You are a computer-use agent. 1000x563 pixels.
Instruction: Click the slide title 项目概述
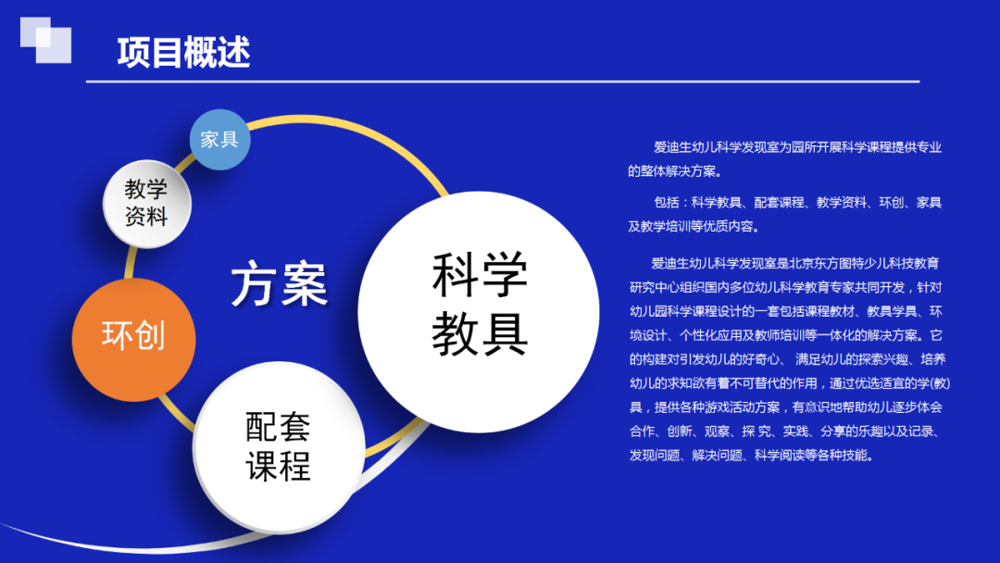click(183, 52)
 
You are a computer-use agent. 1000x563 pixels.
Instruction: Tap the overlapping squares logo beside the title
click(46, 40)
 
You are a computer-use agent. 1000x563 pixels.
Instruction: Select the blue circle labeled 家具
click(220, 140)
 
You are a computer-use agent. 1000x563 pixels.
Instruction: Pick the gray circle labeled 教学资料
click(147, 204)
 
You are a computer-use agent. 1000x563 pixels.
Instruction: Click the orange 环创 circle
click(134, 339)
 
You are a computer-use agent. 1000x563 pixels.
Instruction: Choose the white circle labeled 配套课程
click(279, 447)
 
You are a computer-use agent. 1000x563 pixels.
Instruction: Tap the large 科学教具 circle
click(479, 312)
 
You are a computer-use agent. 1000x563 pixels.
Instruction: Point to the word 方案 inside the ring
click(280, 283)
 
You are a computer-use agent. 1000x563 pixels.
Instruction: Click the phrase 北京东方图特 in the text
click(827, 263)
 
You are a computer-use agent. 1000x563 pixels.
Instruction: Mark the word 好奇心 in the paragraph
click(760, 359)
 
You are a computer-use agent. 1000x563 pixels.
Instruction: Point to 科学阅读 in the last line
click(780, 456)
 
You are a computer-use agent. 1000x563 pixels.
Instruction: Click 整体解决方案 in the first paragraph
click(679, 171)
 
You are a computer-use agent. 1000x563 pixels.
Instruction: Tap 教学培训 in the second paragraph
click(666, 226)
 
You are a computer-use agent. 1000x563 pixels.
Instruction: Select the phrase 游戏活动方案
click(742, 407)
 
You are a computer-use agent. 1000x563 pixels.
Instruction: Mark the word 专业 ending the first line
click(930, 147)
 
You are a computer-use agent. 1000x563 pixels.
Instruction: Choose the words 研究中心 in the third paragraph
click(655, 288)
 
